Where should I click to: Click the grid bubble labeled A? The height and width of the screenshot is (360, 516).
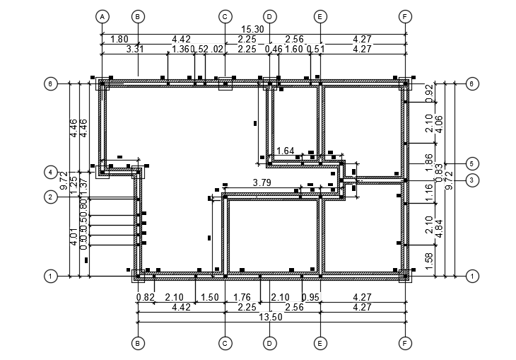tap(102, 16)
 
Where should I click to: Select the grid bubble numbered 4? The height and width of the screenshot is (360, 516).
tap(51, 172)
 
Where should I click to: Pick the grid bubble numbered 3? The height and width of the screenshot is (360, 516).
tap(472, 180)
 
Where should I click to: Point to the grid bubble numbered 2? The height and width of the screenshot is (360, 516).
tap(51, 197)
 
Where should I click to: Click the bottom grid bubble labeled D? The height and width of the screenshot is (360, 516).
tap(269, 343)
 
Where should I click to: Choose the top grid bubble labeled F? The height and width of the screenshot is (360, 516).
tap(405, 16)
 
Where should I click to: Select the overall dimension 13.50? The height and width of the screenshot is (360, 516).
tap(269, 317)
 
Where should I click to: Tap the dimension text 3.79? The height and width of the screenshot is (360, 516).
tap(262, 183)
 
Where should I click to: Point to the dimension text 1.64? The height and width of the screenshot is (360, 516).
tap(285, 151)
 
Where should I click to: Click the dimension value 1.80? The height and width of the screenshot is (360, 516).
tap(119, 39)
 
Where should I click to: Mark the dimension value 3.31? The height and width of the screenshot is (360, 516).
tap(136, 49)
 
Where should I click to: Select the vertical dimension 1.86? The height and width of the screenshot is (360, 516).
tap(428, 160)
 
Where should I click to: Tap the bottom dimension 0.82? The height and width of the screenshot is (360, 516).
tap(144, 298)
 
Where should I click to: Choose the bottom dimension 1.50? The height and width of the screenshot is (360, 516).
tap(210, 298)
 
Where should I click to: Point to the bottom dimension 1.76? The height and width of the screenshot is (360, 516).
tap(242, 298)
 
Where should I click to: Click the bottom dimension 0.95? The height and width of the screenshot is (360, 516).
tap(311, 298)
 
